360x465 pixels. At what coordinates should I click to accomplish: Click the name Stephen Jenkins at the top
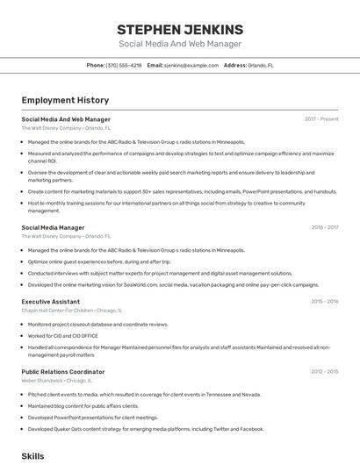point(179,29)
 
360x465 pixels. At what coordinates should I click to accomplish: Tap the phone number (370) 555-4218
point(124,65)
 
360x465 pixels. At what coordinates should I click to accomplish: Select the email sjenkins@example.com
point(191,65)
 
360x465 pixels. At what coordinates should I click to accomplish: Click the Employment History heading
point(65,100)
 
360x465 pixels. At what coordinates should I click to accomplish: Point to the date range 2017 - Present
point(321,118)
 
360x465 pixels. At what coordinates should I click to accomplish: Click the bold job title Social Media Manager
point(53,227)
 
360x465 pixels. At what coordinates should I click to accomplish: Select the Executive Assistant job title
point(51,301)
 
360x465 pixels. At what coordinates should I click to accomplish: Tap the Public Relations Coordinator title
point(62,371)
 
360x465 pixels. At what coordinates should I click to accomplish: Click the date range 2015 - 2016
point(324,301)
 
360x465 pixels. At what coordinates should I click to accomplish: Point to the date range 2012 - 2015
point(324,371)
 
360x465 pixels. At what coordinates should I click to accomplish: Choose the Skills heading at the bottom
point(32,456)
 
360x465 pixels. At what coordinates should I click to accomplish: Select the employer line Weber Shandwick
point(42,380)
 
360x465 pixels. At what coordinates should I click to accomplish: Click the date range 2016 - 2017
point(324,227)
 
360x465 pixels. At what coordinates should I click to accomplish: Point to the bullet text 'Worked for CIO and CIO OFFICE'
point(62,335)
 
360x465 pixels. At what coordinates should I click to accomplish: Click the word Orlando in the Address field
point(258,65)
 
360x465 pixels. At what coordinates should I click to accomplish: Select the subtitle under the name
point(179,44)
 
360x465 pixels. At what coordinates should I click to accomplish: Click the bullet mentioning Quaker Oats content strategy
point(145,429)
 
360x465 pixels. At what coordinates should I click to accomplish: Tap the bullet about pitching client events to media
point(144,394)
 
